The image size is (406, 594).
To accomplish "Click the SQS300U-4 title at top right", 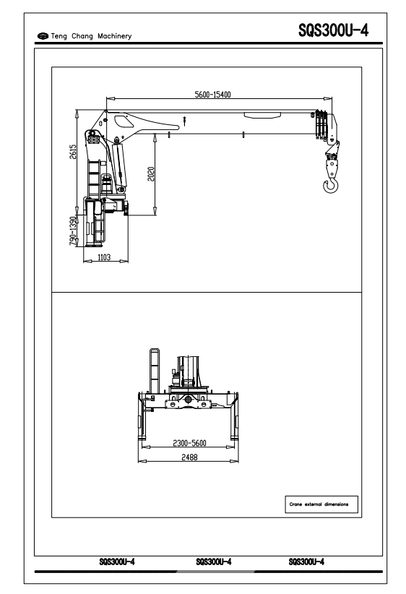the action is point(333,30).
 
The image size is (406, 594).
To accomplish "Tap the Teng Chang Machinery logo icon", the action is point(43,36).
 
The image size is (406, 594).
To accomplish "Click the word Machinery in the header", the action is point(114,36).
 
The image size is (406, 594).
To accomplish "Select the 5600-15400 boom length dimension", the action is point(212,95).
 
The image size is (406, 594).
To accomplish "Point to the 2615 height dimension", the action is point(73,151).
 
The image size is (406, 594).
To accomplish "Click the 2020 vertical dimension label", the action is point(151,174).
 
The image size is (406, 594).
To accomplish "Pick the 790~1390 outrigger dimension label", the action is point(73,231).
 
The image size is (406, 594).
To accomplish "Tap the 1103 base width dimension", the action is point(104,257).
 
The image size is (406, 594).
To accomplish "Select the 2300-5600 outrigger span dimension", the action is point(189,443).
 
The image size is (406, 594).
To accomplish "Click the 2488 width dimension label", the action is point(189,457).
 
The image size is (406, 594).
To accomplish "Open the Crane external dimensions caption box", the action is point(321,504).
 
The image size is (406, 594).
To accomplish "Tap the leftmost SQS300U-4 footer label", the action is point(117,561).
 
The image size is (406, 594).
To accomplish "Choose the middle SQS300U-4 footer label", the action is point(214,561).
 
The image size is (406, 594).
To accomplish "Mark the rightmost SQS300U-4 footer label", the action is point(306,561).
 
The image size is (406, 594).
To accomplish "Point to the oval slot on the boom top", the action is point(262,115).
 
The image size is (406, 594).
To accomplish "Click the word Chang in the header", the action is point(82,36).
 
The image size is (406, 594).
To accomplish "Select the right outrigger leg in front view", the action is point(235,417).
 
